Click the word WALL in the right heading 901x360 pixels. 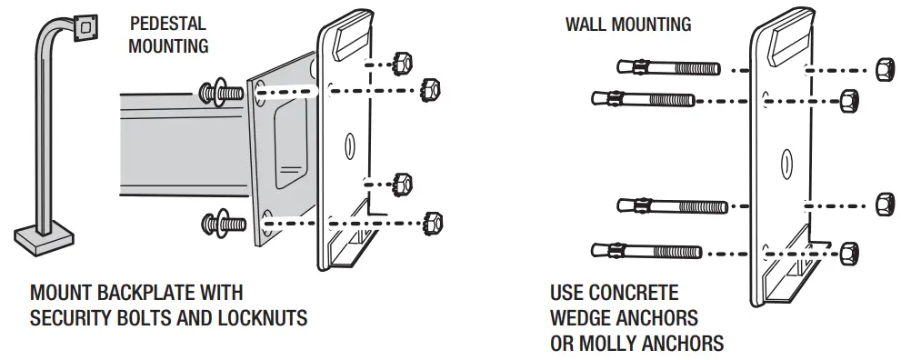(x=584, y=25)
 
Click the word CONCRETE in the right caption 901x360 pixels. (x=634, y=294)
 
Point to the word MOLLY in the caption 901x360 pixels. (x=607, y=343)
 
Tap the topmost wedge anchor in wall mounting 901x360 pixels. (x=667, y=68)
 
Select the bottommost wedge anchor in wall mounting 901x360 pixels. (x=645, y=250)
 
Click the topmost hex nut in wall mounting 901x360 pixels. (x=882, y=70)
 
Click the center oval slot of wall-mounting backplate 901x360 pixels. (x=784, y=163)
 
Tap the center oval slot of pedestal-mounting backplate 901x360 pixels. (x=348, y=145)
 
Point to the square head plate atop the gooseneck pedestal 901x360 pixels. (x=86, y=28)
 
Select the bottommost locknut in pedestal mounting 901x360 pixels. (x=433, y=220)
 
